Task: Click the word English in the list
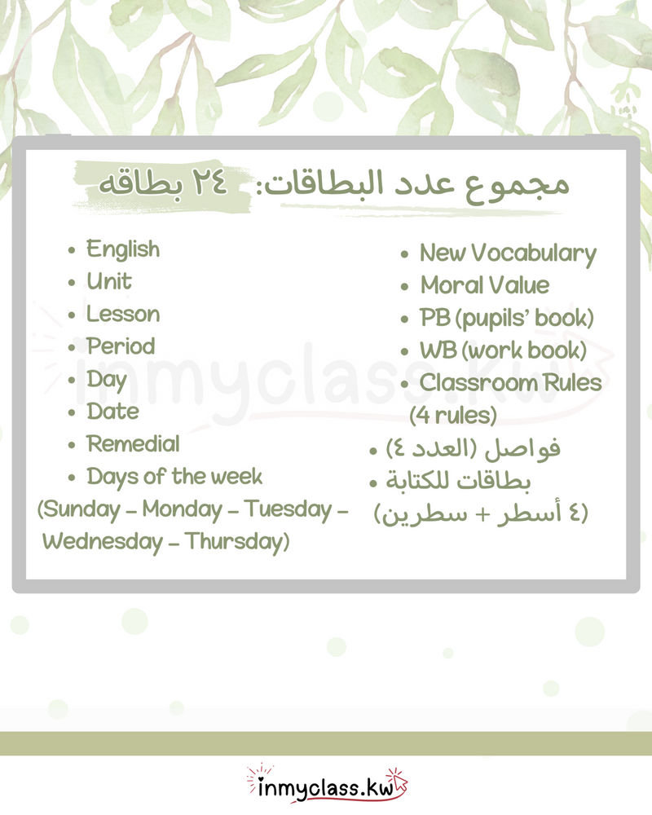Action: pyautogui.click(x=123, y=249)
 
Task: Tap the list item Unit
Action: pyautogui.click(x=109, y=282)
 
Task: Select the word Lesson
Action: pyautogui.click(x=123, y=315)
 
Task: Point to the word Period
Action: pyautogui.click(x=121, y=346)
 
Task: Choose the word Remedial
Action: pyautogui.click(x=133, y=444)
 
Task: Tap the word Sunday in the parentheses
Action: pyautogui.click(x=86, y=510)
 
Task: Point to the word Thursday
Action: pyautogui.click(x=236, y=542)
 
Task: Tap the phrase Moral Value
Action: pyautogui.click(x=485, y=286)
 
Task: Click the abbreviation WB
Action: pyautogui.click(x=434, y=351)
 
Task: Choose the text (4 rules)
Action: pyautogui.click(x=453, y=416)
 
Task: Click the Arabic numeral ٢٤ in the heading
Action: pyautogui.click(x=214, y=185)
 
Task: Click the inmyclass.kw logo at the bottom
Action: pyautogui.click(x=326, y=786)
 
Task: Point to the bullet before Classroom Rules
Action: pyautogui.click(x=404, y=384)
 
